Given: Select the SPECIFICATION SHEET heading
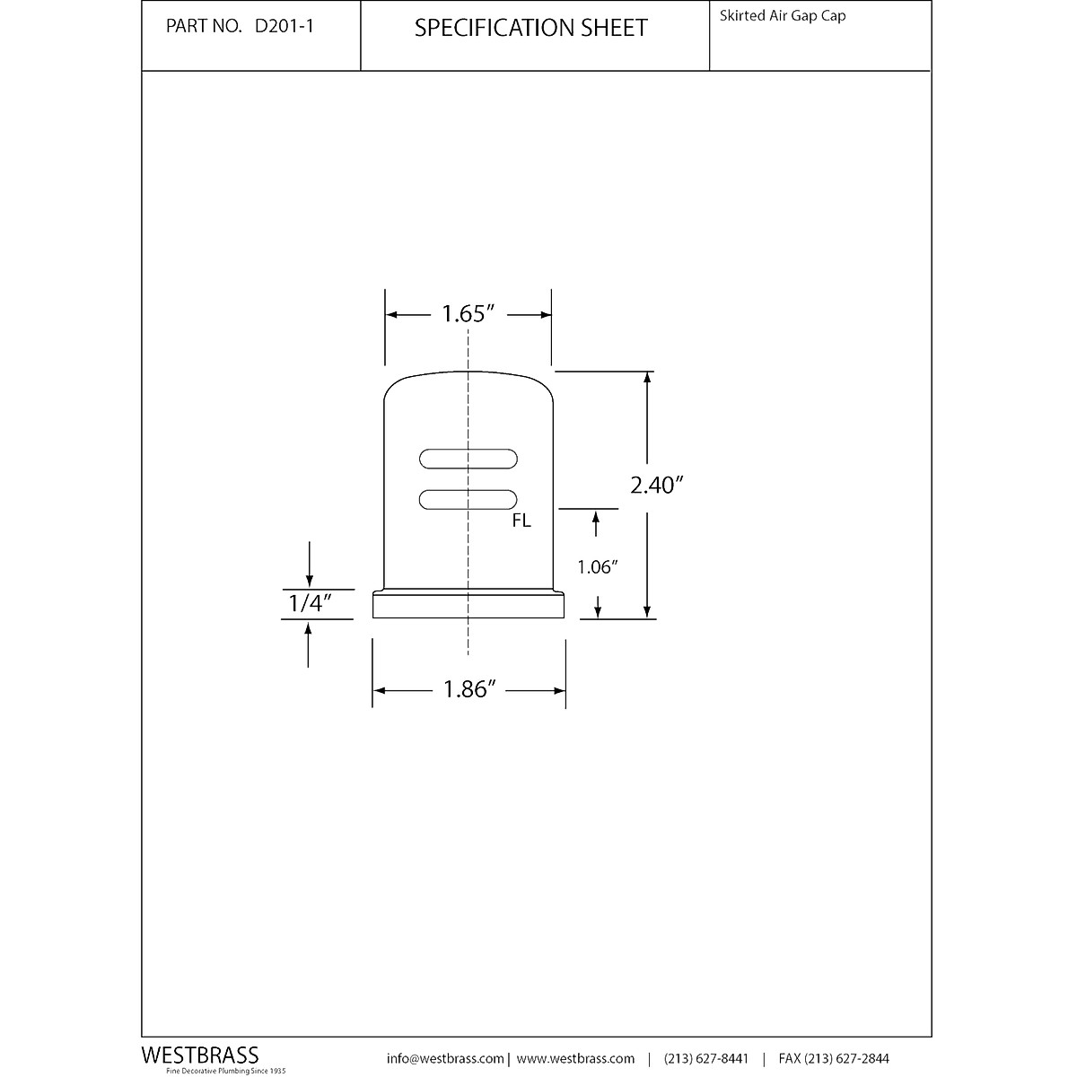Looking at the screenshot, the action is [530, 28].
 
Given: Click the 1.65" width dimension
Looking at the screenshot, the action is [468, 314].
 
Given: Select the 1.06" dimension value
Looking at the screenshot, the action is [599, 567].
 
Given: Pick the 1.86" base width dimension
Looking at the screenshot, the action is [469, 689].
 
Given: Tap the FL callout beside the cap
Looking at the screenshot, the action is [521, 521].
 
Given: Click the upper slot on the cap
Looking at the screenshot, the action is [468, 459].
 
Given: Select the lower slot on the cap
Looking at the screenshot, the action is [468, 500].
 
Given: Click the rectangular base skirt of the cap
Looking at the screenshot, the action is [468, 607].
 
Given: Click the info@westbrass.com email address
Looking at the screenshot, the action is [445, 1059].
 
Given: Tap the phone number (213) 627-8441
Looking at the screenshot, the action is [706, 1059].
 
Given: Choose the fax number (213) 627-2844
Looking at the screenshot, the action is [834, 1059].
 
